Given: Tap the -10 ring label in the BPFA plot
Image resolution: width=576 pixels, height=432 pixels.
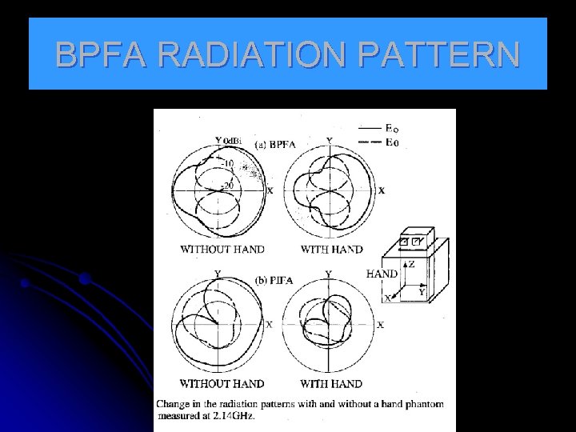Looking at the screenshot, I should pyautogui.click(x=228, y=164).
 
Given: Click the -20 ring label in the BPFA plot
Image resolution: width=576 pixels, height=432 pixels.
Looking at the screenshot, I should pyautogui.click(x=228, y=186).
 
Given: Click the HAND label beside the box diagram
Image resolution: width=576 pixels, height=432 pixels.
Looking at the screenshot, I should pyautogui.click(x=382, y=273).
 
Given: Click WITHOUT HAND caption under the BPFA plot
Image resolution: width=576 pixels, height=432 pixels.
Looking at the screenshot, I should pyautogui.click(x=222, y=249).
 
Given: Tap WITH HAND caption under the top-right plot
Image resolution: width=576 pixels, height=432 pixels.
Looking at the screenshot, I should pyautogui.click(x=331, y=249).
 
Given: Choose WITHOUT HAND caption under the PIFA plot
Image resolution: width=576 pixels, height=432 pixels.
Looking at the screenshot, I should pyautogui.click(x=222, y=384).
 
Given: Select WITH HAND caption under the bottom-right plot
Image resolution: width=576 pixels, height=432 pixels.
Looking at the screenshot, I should pyautogui.click(x=331, y=384).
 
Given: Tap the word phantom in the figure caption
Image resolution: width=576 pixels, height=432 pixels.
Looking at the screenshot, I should pyautogui.click(x=420, y=404).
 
